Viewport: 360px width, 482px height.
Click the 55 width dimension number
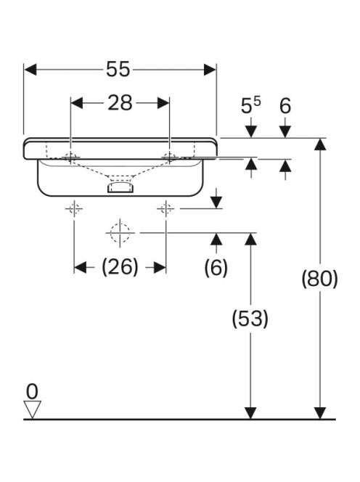point(118,69)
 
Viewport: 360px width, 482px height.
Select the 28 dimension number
point(120,103)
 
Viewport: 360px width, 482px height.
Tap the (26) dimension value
point(120,267)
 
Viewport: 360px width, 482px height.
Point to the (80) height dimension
point(319,279)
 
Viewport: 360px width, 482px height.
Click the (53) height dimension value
point(250,318)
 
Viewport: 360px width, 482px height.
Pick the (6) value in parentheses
point(216,267)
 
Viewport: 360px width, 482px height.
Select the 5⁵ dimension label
point(250,105)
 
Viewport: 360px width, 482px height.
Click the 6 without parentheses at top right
point(285,106)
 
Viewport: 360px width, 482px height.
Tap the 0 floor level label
point(32,391)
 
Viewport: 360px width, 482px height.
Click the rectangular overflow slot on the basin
point(120,187)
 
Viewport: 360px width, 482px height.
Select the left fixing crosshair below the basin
point(74,209)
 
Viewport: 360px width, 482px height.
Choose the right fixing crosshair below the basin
point(166,209)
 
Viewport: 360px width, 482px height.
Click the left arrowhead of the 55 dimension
point(30,70)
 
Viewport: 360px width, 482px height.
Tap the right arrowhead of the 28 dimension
point(163,103)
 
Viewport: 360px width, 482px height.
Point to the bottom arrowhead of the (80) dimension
point(320,413)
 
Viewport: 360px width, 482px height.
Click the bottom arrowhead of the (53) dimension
point(250,413)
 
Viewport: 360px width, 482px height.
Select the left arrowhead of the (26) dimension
point(81,267)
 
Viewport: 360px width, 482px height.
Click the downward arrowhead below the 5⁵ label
point(251,132)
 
